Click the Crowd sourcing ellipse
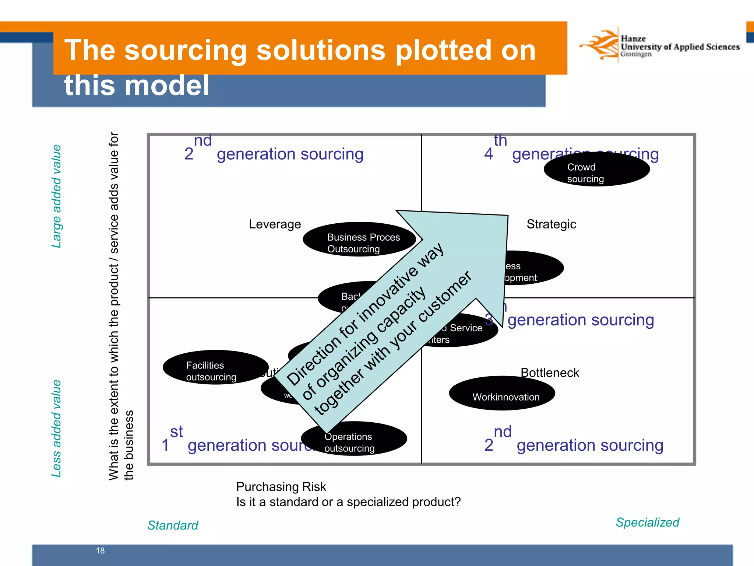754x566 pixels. (596, 170)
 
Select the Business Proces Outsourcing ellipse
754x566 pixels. (359, 240)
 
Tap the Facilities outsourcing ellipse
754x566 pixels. (215, 367)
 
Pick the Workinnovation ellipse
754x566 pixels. (502, 394)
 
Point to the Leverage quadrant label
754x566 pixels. (275, 224)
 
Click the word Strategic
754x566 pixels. (551, 224)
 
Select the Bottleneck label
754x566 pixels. (550, 373)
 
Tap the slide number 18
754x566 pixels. (100, 551)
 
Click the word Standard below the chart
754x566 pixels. (173, 525)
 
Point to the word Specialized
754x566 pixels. (647, 522)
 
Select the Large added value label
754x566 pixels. (56, 196)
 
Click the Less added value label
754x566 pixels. (56, 428)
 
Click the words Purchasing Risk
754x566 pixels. (281, 487)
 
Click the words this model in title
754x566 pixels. (137, 85)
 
